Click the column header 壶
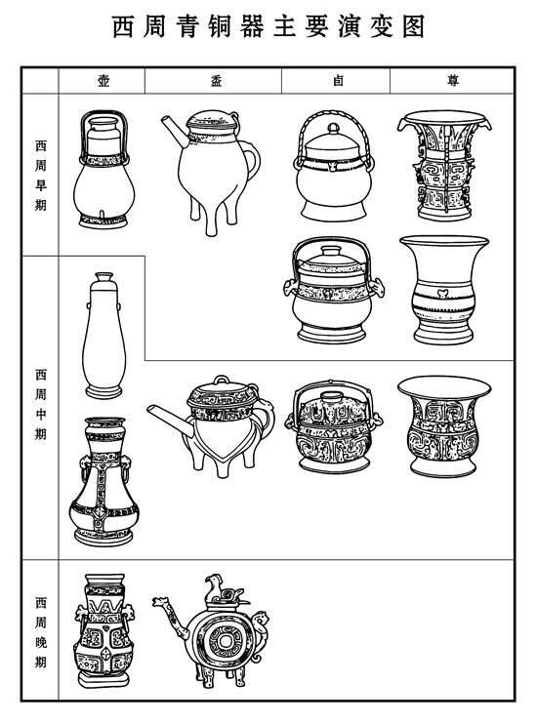click(x=103, y=81)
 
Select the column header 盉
click(x=217, y=81)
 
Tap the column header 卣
click(x=338, y=81)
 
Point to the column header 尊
click(x=453, y=81)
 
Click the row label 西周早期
click(x=41, y=176)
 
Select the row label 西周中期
click(x=41, y=404)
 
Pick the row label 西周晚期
click(x=41, y=632)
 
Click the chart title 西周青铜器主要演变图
click(x=268, y=26)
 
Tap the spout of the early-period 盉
click(x=175, y=131)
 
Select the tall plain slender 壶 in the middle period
click(x=103, y=336)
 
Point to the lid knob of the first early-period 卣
click(x=333, y=128)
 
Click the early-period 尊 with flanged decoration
click(x=444, y=165)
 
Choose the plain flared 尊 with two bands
click(x=443, y=290)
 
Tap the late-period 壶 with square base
click(x=103, y=630)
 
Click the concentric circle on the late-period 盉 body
click(x=226, y=641)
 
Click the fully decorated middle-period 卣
click(x=334, y=426)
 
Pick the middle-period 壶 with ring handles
click(x=103, y=482)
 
